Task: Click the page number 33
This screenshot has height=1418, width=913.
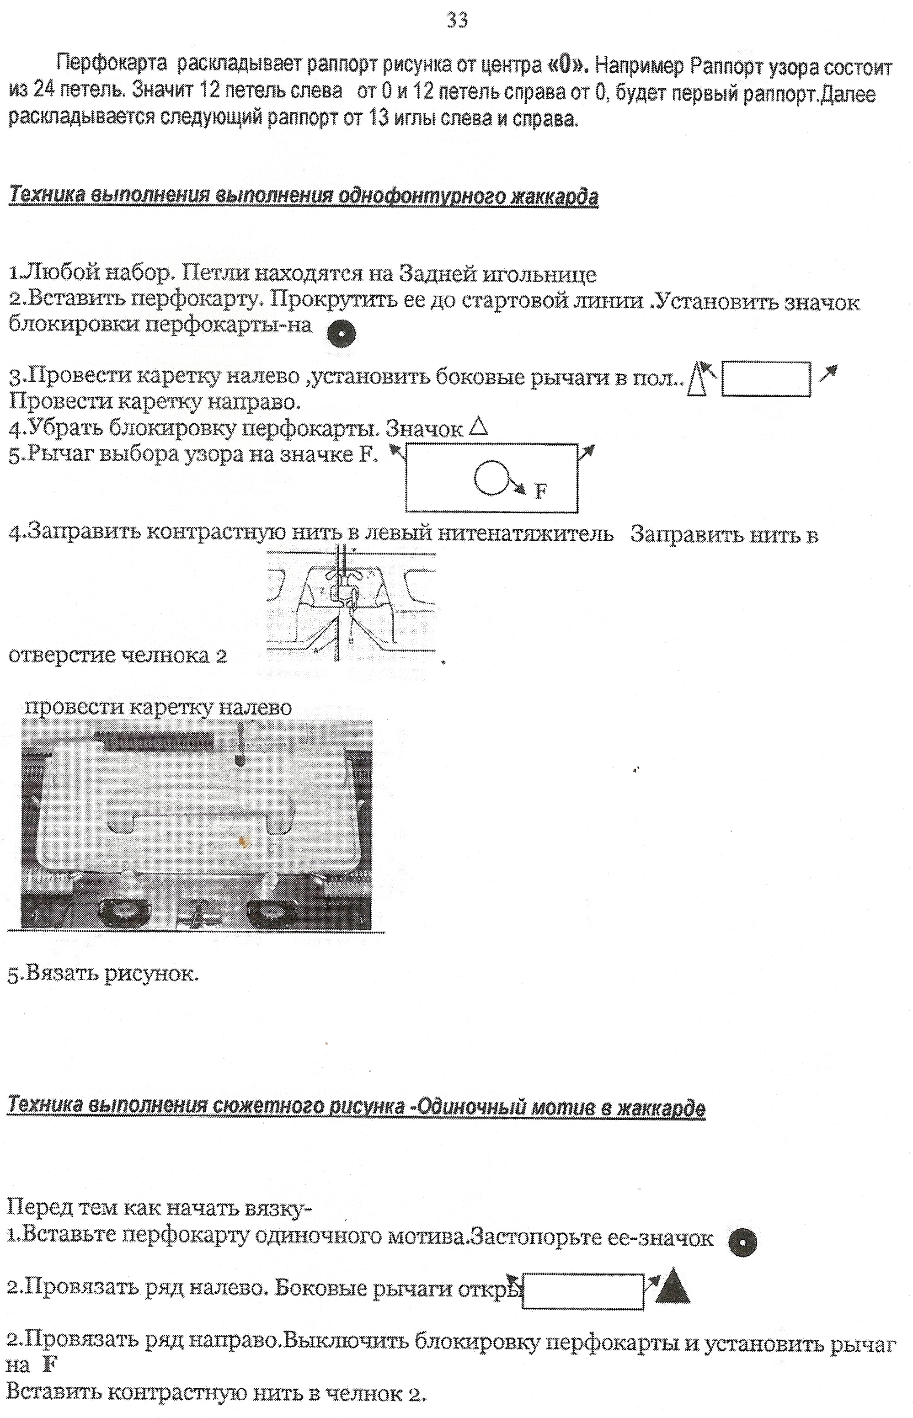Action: coord(457,20)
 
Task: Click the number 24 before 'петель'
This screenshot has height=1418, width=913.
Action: coord(44,91)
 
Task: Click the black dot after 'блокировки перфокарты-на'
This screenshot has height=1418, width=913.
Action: coord(342,336)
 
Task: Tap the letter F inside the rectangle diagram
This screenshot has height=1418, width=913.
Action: coord(540,491)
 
